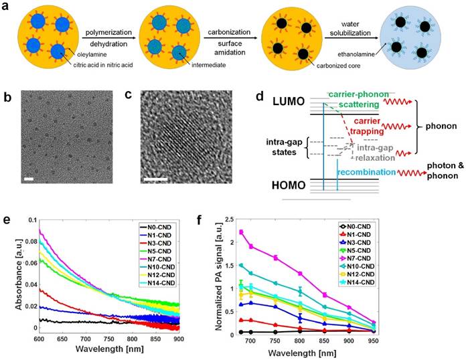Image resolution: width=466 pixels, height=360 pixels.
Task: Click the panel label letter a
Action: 7,7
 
